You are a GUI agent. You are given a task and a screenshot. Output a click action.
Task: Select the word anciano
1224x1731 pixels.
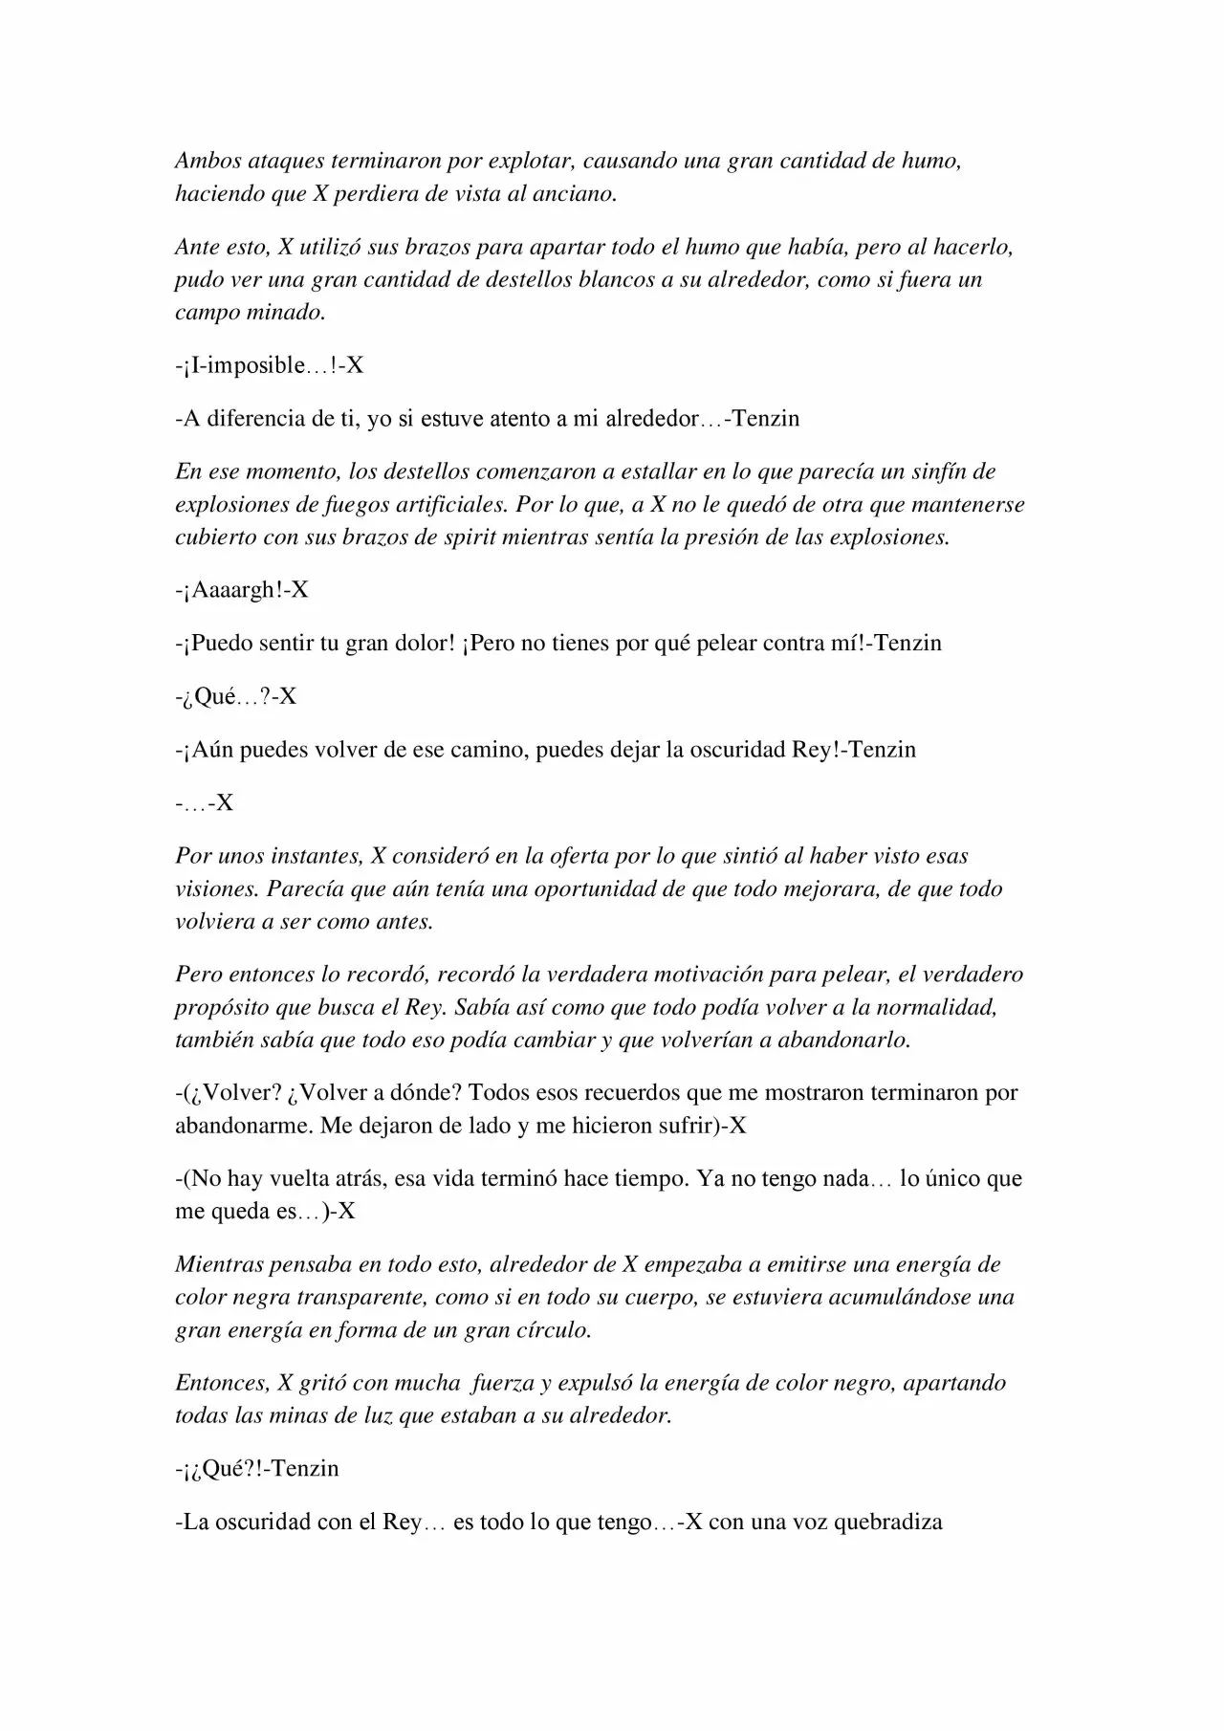click(573, 193)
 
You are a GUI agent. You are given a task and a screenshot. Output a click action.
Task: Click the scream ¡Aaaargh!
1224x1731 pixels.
click(235, 589)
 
